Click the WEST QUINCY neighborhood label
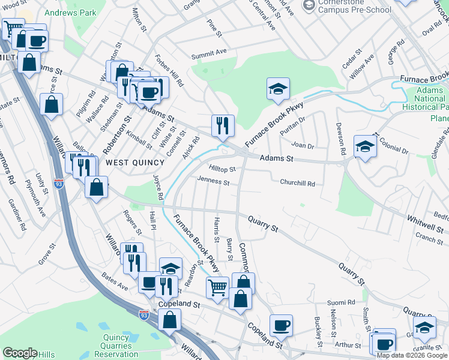click(135, 163)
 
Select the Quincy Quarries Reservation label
click(116, 346)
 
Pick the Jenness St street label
click(213, 181)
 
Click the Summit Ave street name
click(209, 55)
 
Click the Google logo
click(20, 353)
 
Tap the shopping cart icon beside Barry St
click(217, 287)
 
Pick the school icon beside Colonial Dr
click(365, 147)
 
